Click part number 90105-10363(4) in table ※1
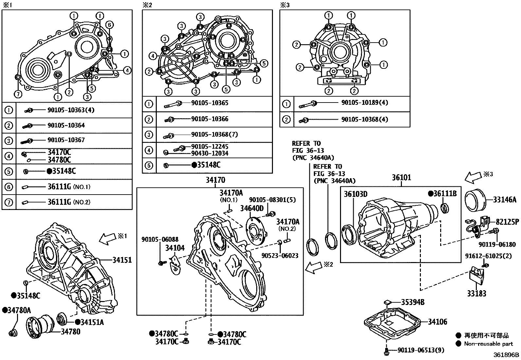(70, 110)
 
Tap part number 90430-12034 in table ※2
(209, 153)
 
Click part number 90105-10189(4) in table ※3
(364, 103)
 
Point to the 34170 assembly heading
(215, 180)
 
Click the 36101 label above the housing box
(401, 178)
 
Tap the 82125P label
(507, 222)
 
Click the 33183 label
(476, 294)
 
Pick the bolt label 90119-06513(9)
(421, 351)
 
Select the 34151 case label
(122, 260)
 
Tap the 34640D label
(252, 208)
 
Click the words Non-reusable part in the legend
(489, 344)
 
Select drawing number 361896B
(506, 355)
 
